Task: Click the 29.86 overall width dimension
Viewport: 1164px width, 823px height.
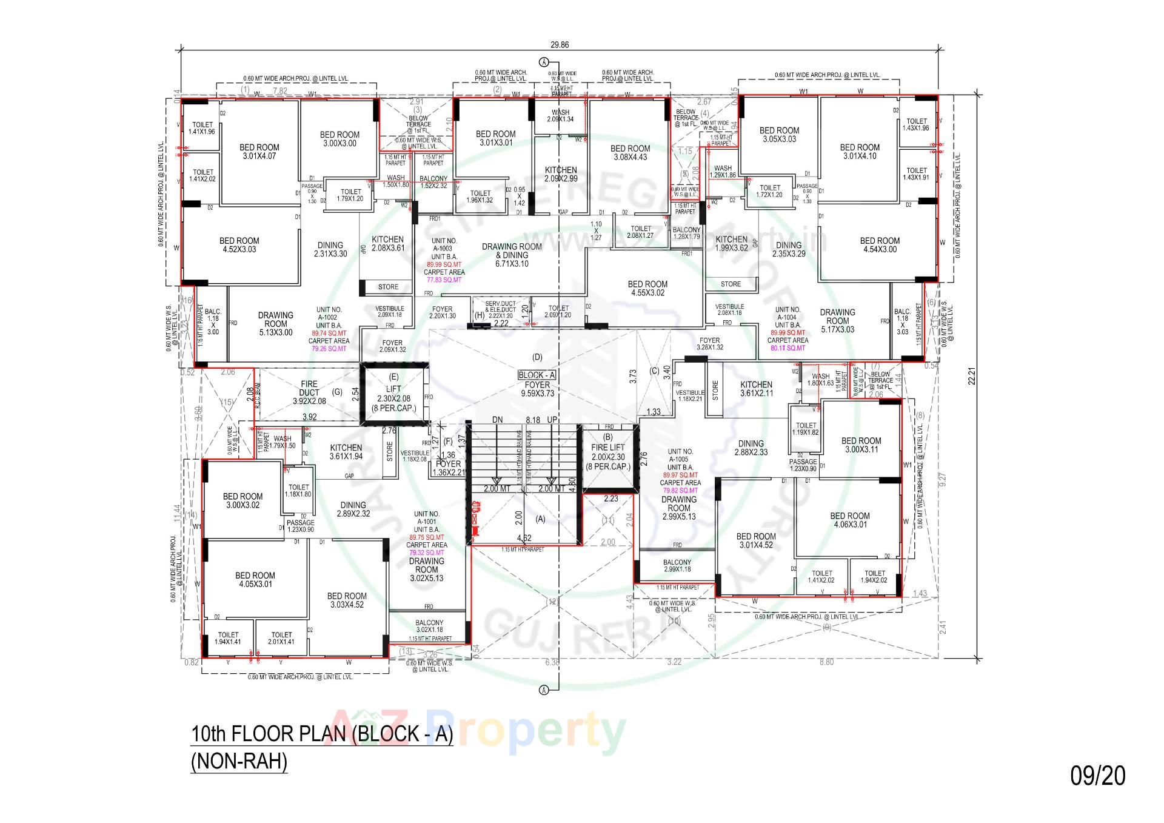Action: (x=560, y=45)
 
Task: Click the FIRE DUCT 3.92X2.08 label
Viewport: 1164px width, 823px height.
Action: (x=309, y=393)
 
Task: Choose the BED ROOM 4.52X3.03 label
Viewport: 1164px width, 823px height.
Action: (x=239, y=245)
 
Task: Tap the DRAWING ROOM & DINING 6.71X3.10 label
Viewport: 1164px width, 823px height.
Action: (x=512, y=255)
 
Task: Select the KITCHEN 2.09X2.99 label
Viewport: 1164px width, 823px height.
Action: (x=561, y=174)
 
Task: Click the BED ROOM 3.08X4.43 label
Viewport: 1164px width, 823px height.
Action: (x=630, y=153)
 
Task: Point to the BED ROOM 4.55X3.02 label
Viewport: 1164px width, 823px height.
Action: (x=647, y=288)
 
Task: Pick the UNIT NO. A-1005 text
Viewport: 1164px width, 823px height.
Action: (x=680, y=455)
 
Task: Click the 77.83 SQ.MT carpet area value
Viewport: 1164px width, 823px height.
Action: (x=444, y=280)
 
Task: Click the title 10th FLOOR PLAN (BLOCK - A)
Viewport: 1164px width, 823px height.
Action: (x=322, y=734)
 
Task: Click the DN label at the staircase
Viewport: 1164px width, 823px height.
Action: (x=498, y=420)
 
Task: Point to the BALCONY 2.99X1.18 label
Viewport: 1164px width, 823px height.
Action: (x=677, y=566)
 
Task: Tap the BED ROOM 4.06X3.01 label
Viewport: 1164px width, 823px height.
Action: (x=850, y=520)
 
